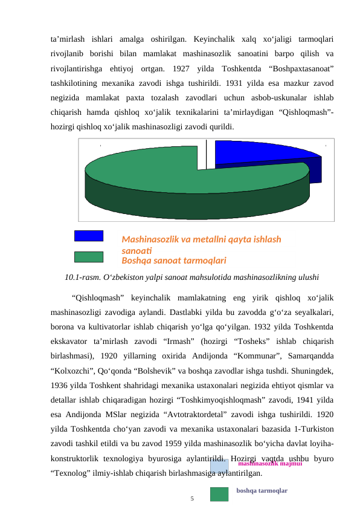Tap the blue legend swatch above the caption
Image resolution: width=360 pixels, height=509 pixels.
[x=88, y=236]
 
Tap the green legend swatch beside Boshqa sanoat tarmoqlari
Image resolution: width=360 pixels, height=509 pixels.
[x=88, y=257]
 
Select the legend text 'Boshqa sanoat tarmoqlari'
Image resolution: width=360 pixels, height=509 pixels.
[x=174, y=261]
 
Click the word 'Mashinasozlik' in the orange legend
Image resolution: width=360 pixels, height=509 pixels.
[x=150, y=239]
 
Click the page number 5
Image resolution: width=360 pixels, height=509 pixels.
[x=192, y=499]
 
